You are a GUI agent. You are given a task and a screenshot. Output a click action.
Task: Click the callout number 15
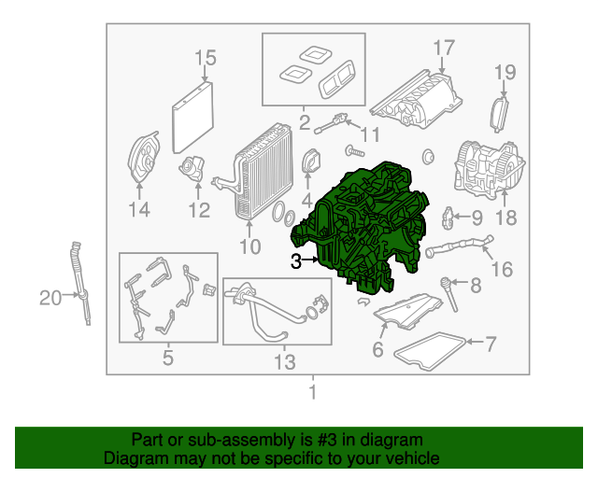point(206,58)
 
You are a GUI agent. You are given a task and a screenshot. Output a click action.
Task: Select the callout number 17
point(444,48)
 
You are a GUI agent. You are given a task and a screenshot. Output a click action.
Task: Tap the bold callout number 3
point(296,261)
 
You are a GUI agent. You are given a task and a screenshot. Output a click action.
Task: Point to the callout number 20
point(50,298)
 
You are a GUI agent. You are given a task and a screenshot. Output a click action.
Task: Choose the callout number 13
point(284,361)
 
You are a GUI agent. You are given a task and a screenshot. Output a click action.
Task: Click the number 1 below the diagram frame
point(313,392)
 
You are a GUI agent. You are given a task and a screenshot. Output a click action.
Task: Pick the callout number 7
point(491,344)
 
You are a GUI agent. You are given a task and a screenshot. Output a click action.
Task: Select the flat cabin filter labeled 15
point(192,117)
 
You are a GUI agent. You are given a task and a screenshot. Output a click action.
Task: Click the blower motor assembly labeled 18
point(489,170)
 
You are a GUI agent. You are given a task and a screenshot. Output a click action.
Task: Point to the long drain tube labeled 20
point(81,283)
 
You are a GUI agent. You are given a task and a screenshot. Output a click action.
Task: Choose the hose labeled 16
point(459,246)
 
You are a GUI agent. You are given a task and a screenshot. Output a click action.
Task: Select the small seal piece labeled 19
point(499,115)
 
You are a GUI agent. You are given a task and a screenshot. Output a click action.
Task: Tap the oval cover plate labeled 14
point(143,156)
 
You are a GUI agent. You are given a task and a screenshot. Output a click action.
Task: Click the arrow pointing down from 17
point(442,64)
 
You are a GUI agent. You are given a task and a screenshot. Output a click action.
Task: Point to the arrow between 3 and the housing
point(309,260)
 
